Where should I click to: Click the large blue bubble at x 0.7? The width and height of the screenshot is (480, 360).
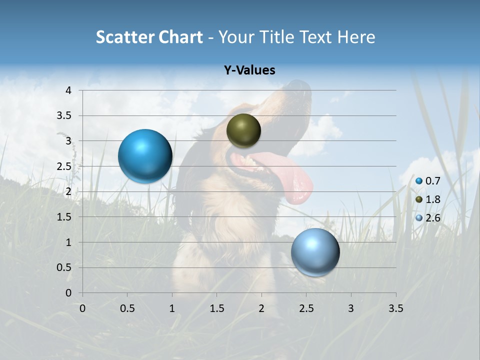pos(145,156)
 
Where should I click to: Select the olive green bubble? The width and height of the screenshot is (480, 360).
pos(243,131)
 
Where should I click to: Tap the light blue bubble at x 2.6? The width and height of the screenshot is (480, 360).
pos(315,252)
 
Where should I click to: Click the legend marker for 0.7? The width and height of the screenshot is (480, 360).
pos(419,181)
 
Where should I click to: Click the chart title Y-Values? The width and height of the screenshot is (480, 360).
pos(249,70)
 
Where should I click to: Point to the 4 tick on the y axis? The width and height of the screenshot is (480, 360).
pos(68,90)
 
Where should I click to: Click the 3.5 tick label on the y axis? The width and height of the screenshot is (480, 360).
pos(65,116)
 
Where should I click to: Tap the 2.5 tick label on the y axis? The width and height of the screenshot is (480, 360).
pos(65,166)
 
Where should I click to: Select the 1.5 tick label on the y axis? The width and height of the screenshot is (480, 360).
pos(65,217)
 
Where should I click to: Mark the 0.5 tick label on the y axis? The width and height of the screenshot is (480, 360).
pos(65,268)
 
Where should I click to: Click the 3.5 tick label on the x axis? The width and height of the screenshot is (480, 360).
pos(395,308)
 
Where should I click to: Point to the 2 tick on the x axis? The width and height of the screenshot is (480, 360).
pos(261,308)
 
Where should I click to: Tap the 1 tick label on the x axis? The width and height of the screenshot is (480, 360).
pos(172,308)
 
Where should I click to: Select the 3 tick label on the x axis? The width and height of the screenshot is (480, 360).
pos(351,308)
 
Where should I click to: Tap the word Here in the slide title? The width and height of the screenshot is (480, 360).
pos(356,37)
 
